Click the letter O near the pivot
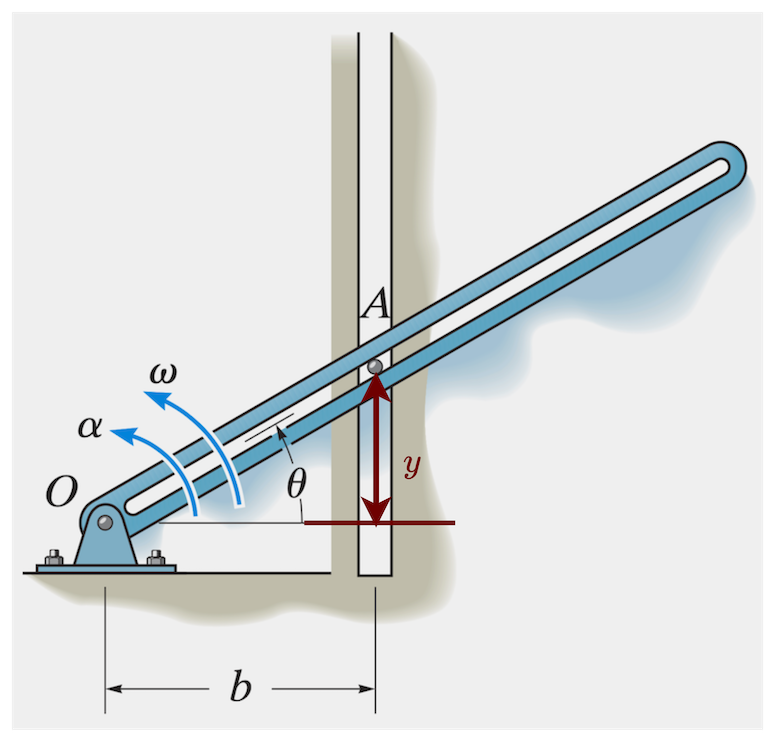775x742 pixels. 62,490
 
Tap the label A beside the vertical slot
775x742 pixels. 375,303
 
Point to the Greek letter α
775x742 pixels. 90,427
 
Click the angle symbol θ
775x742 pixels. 296,484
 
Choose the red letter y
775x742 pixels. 411,465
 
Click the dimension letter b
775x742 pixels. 240,689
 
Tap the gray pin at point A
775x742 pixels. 375,368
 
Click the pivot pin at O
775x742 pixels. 105,523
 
